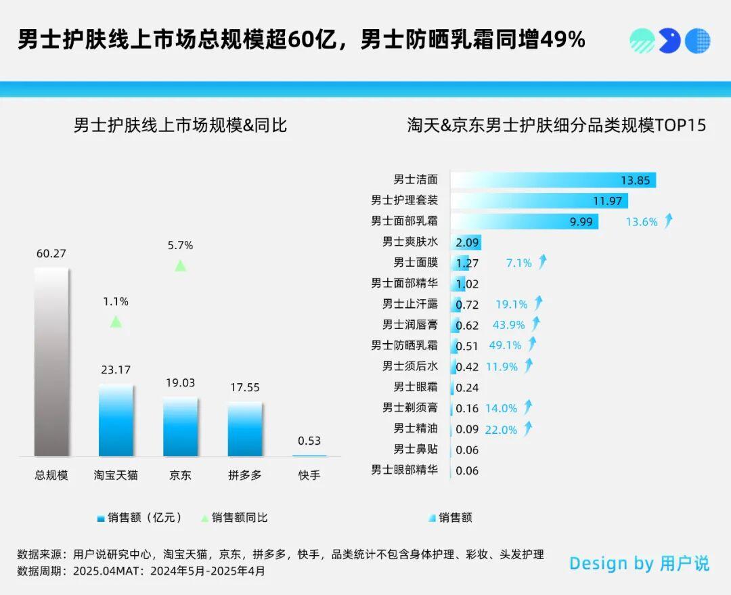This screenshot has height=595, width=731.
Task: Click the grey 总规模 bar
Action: (x=51, y=361)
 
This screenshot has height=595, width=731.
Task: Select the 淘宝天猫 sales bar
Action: (x=116, y=420)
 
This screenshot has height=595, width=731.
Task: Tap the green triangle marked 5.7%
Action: (x=180, y=266)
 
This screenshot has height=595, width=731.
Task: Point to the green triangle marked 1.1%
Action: (x=116, y=322)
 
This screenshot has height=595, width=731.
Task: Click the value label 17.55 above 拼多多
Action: (x=244, y=388)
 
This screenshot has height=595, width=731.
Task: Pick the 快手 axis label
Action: (x=309, y=475)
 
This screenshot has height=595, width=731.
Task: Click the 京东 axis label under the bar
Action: (x=180, y=475)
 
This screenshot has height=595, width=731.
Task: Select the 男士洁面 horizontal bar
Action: (x=552, y=180)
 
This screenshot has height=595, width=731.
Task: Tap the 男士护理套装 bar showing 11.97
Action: (x=539, y=201)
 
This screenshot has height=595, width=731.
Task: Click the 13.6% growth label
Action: (x=642, y=221)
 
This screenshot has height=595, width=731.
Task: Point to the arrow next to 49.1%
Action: (x=532, y=345)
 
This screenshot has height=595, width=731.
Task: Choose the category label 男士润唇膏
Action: (x=409, y=325)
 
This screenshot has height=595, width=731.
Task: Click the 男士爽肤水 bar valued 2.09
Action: (x=466, y=242)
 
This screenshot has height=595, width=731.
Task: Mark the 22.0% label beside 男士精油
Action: (x=501, y=429)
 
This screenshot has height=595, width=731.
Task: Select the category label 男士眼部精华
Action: (x=404, y=470)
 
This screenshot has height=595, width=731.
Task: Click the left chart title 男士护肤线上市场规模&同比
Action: (x=180, y=125)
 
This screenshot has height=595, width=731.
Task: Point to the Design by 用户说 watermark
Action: (x=639, y=563)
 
